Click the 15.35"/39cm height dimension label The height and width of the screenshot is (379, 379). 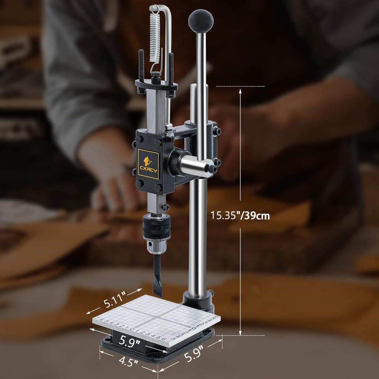[240, 215]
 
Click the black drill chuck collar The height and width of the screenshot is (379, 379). [156, 226]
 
